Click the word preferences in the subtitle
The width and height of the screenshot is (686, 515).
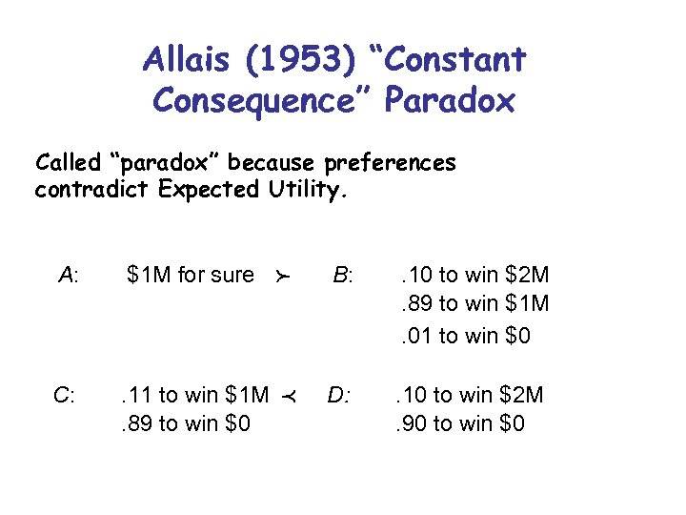(390, 163)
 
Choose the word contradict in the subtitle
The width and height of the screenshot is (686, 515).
(92, 189)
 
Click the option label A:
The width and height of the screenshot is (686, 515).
(69, 276)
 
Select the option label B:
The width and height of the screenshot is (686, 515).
(342, 276)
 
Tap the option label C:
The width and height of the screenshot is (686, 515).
(65, 395)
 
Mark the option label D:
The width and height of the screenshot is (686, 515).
(339, 395)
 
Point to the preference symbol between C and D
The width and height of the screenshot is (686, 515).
(282, 396)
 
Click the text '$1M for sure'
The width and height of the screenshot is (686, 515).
(191, 276)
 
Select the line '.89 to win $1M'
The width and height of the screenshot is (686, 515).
(474, 305)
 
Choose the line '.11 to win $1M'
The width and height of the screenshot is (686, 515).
(192, 395)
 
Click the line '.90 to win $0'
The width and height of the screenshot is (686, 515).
(459, 422)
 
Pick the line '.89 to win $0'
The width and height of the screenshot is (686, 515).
(184, 422)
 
